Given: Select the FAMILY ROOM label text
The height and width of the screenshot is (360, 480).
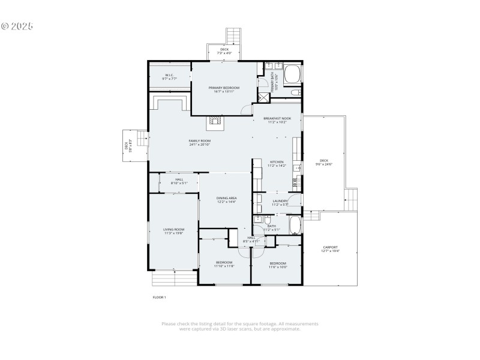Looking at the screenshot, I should pos(200,140).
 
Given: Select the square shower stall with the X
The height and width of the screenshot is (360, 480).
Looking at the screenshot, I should pos(262,96).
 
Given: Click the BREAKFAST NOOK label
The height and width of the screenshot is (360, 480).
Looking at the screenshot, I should pos(277,119).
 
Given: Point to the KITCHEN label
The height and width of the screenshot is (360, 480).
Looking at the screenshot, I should pos(277,162).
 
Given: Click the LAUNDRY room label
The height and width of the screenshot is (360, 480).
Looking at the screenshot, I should pos(280,201).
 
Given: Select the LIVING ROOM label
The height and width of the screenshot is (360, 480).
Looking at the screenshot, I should pos(173,229).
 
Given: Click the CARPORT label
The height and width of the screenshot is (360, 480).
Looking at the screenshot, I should pos(330,247).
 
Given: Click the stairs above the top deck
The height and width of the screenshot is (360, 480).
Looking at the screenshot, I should pos(233,35).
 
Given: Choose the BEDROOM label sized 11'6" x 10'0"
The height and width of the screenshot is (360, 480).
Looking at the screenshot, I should pos(278,263).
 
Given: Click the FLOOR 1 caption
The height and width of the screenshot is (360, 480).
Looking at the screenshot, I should pos(159,297).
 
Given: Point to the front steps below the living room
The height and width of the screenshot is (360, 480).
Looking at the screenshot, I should pos(173,278).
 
